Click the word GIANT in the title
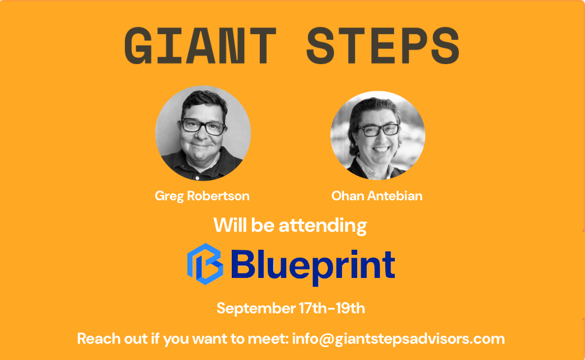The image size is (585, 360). [x=200, y=46]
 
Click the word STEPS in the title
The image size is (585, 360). [x=383, y=46]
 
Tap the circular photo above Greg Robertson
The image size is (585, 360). [x=203, y=133]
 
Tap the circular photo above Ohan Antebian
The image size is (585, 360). [x=377, y=135]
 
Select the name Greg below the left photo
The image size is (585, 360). [x=170, y=196]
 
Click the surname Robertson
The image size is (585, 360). [x=218, y=196]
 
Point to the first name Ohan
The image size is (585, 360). [x=348, y=196]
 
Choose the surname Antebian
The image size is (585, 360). [x=395, y=196]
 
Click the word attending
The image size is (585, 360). [x=323, y=226]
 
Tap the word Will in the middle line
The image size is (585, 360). [x=230, y=225]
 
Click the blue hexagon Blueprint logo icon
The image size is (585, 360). [x=205, y=264]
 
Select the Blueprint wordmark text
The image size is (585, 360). [x=313, y=266]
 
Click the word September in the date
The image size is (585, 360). [x=256, y=309]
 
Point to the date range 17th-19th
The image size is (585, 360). [x=332, y=308]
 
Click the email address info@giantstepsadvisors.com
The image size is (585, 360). [x=398, y=339]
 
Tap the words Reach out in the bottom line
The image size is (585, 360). [x=112, y=339]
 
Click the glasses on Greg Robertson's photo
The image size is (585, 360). [x=203, y=127]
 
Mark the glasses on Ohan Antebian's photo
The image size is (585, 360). [x=379, y=130]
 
